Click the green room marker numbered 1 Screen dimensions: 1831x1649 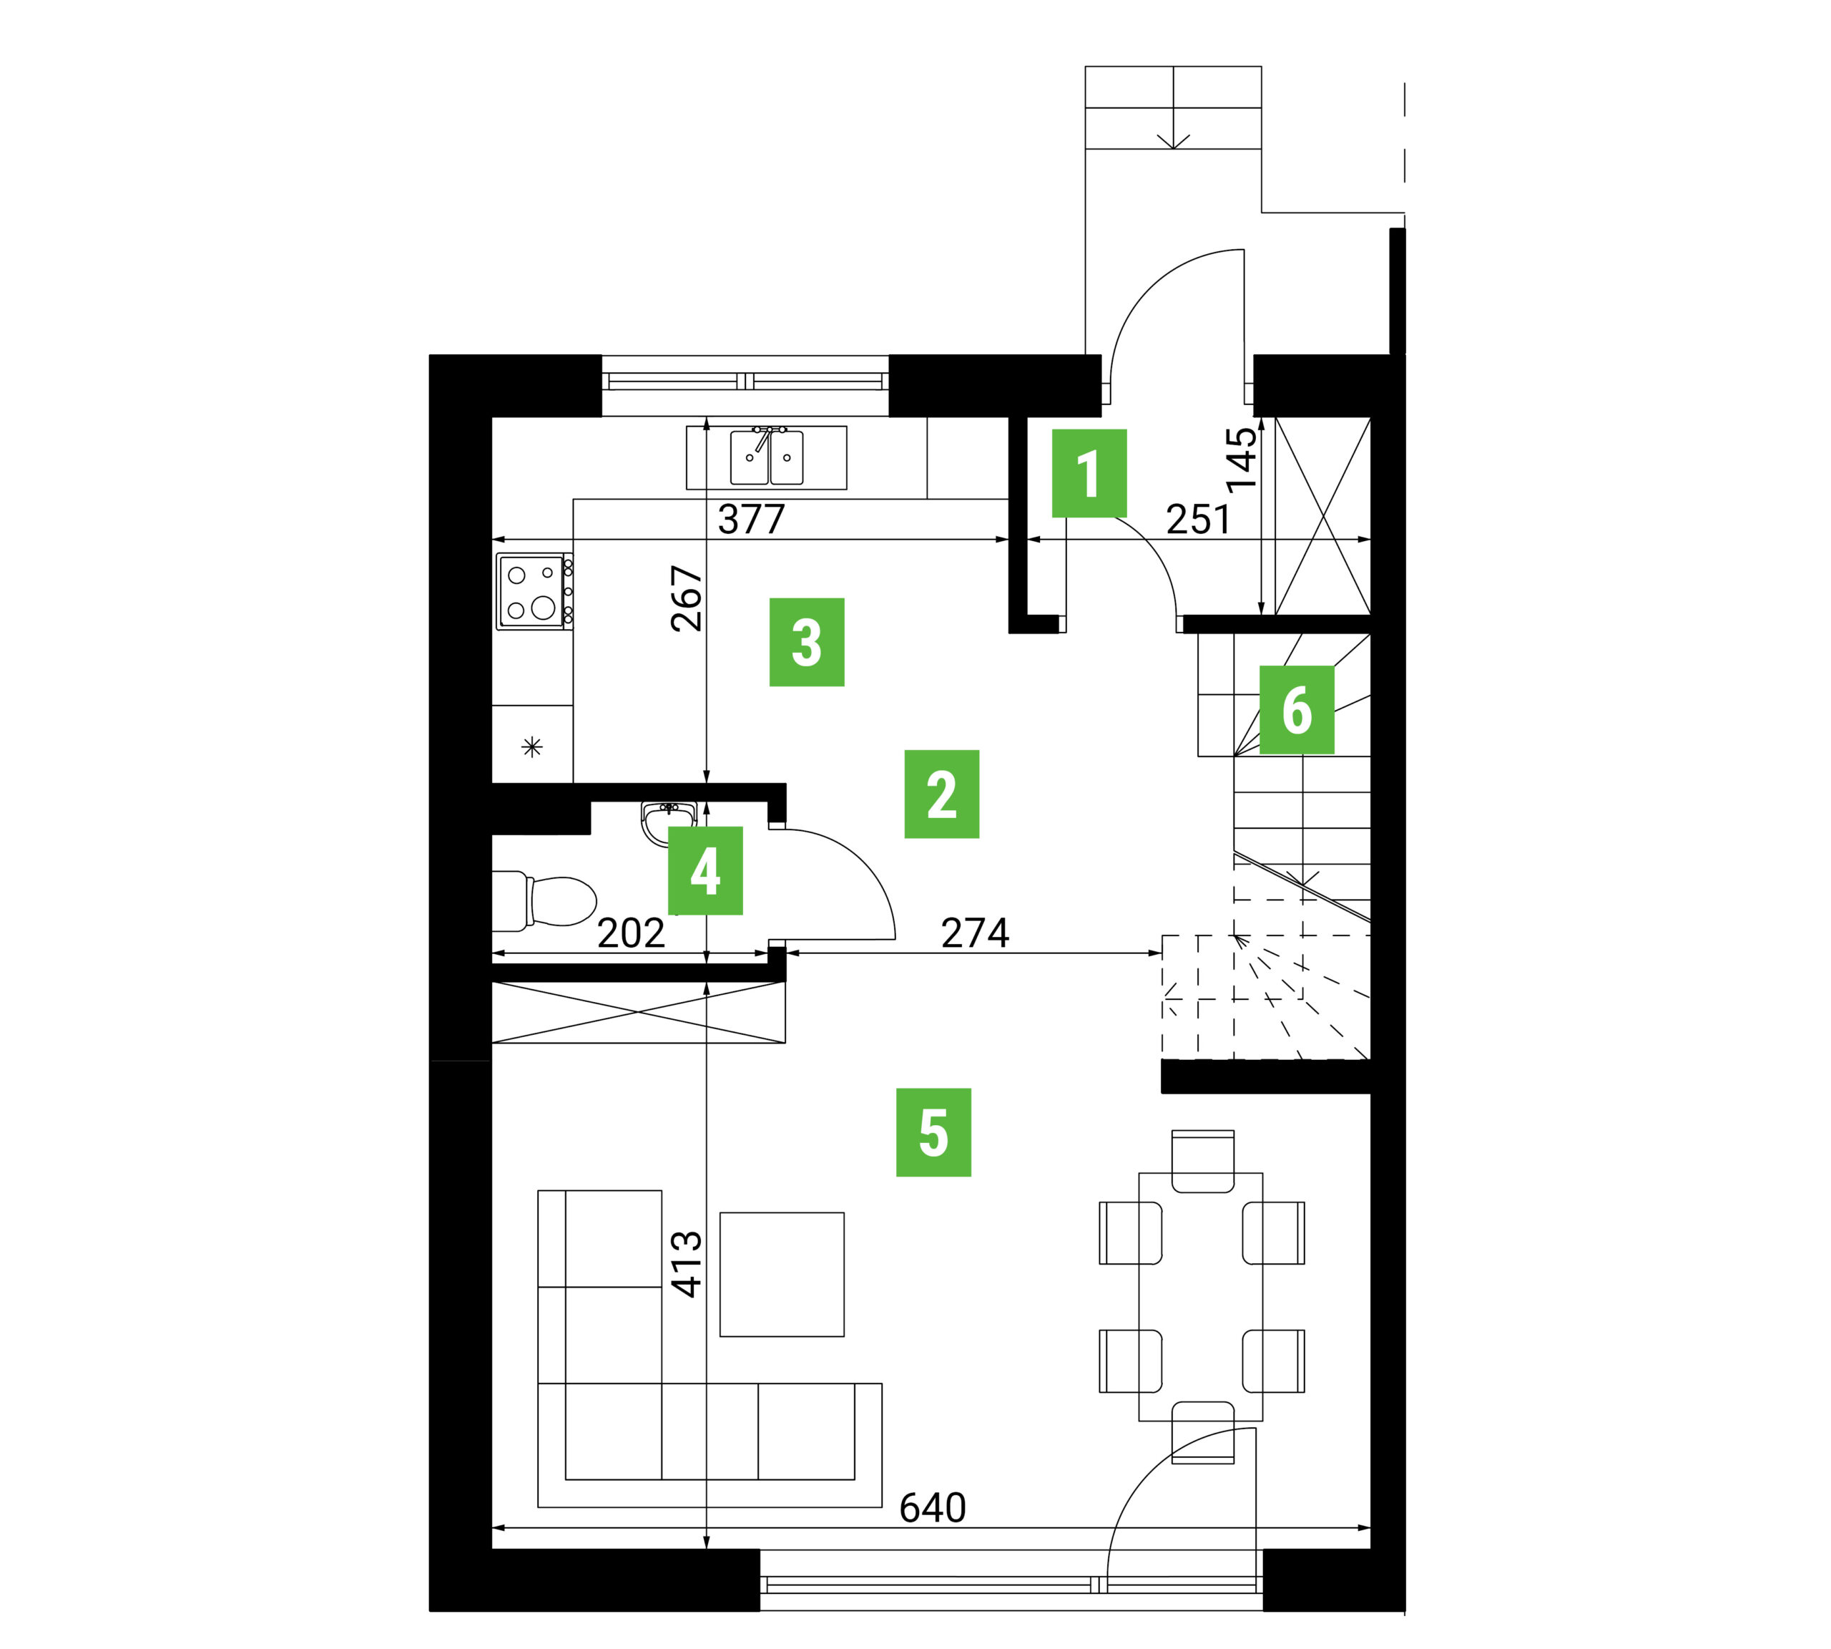pyautogui.click(x=1089, y=473)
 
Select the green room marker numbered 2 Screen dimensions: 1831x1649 pyautogui.click(x=942, y=794)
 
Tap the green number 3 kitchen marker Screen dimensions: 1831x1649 pyautogui.click(x=807, y=641)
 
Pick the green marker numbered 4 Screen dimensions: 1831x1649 pyautogui.click(x=705, y=870)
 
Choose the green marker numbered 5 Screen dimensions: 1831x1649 pyautogui.click(x=933, y=1132)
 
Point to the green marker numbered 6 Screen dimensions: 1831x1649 pyautogui.click(x=1297, y=709)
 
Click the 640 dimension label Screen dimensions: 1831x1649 pyautogui.click(x=932, y=1509)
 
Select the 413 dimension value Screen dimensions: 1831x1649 pyautogui.click(x=687, y=1264)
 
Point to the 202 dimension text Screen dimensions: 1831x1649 pyautogui.click(x=631, y=933)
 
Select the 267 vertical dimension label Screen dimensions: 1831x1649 pyautogui.click(x=687, y=598)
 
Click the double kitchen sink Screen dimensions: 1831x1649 pyautogui.click(x=767, y=457)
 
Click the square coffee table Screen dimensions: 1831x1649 pyautogui.click(x=782, y=1275)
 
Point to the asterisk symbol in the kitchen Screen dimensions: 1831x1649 pyautogui.click(x=532, y=747)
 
